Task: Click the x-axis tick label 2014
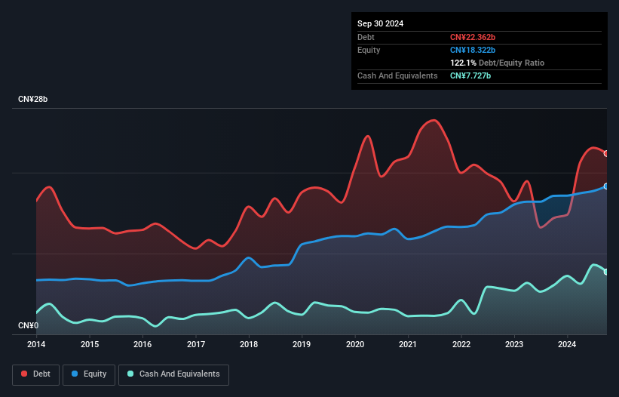click(x=36, y=345)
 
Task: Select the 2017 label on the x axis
click(x=196, y=345)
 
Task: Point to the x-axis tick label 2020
click(x=355, y=345)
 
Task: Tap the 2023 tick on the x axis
click(x=515, y=345)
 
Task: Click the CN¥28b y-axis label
click(x=33, y=100)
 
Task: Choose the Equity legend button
click(x=89, y=374)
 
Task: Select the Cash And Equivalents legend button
click(x=173, y=374)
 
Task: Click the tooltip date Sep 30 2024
click(x=380, y=23)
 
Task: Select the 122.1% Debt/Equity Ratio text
click(x=497, y=63)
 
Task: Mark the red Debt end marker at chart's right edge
click(x=606, y=153)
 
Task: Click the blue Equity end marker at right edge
click(x=606, y=186)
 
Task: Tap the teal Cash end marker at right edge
click(x=606, y=272)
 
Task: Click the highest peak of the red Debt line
click(x=432, y=120)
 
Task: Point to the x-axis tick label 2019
click(x=302, y=345)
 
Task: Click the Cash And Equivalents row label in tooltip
click(x=397, y=75)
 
